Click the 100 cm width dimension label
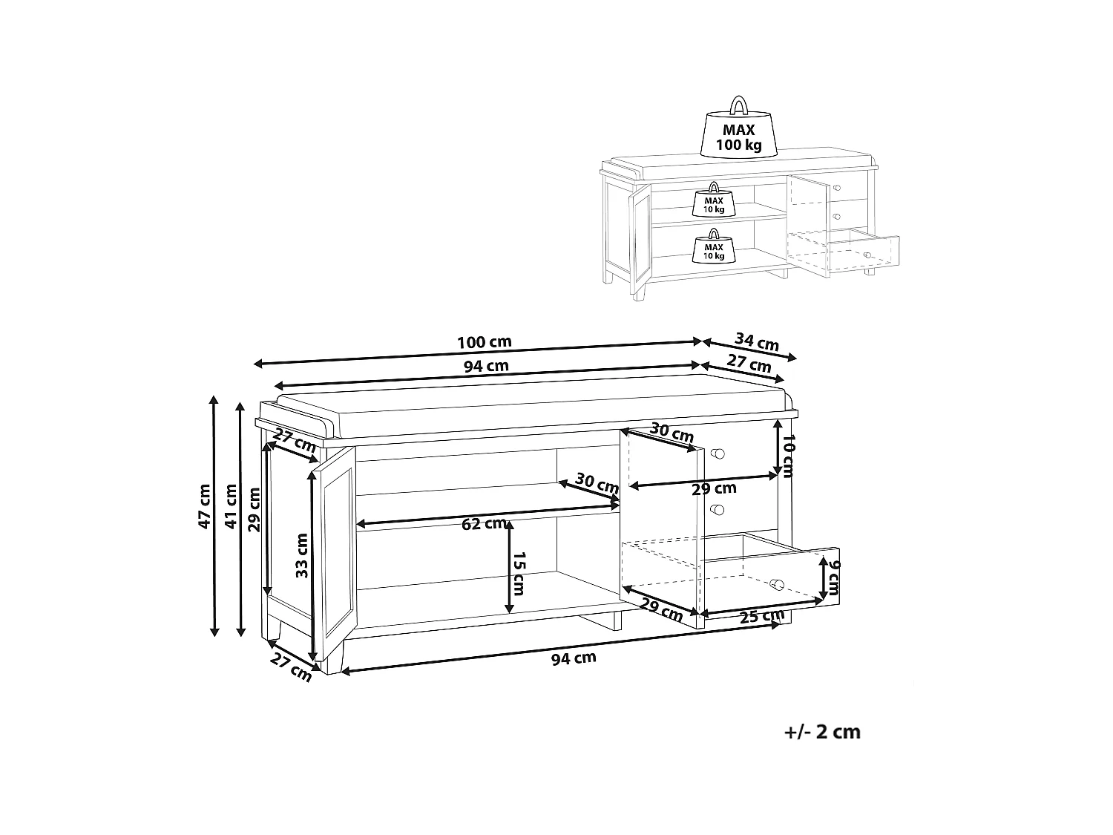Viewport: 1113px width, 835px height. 485,342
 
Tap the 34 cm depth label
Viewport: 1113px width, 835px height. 757,341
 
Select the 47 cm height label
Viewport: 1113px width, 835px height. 204,506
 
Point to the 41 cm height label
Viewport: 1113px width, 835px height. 232,506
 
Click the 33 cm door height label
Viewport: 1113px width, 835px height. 302,555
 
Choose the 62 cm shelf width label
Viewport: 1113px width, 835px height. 484,524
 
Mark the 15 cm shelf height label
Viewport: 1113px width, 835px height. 519,574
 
